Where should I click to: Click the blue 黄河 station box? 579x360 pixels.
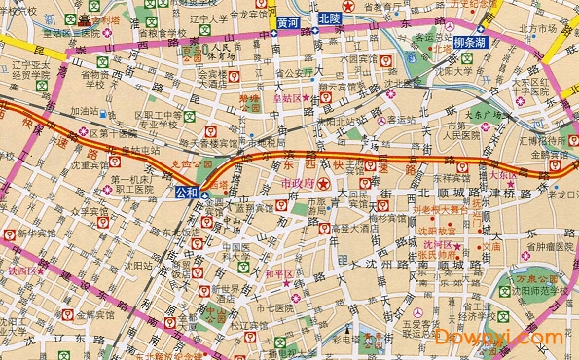[287, 18]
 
